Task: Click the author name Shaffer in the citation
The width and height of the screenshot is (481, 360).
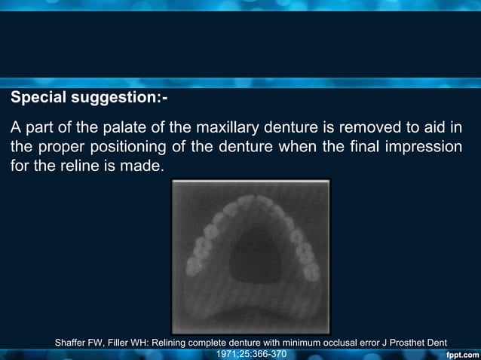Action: click(72, 343)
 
